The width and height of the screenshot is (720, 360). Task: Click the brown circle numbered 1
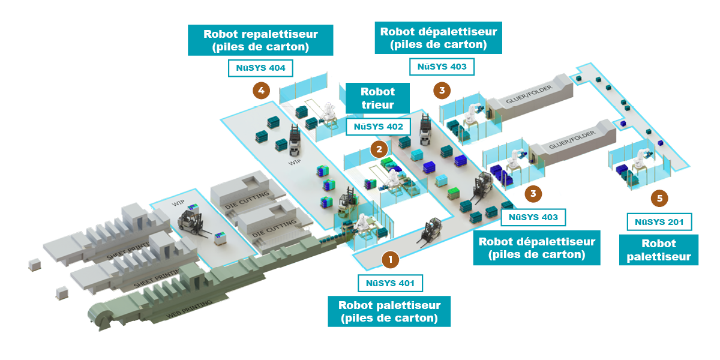pyautogui.click(x=390, y=259)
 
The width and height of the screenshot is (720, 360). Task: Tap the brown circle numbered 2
pyautogui.click(x=379, y=148)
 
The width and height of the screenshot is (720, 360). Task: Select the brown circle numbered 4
pyautogui.click(x=260, y=91)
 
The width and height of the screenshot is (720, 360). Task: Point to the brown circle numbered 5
pyautogui.click(x=659, y=197)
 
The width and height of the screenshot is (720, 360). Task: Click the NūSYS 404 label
pyautogui.click(x=260, y=68)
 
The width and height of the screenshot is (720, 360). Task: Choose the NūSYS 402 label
pyautogui.click(x=378, y=127)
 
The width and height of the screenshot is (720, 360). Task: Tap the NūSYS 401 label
pyautogui.click(x=390, y=283)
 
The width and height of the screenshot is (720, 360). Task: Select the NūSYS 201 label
pyautogui.click(x=659, y=222)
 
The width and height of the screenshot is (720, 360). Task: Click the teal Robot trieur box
pyautogui.click(x=377, y=98)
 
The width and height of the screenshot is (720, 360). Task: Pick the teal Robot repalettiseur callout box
pyautogui.click(x=260, y=40)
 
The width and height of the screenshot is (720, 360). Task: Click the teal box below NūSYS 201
pyautogui.click(x=659, y=250)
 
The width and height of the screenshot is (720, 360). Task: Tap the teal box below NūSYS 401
pyautogui.click(x=389, y=311)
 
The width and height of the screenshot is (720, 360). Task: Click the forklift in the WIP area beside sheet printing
pyautogui.click(x=193, y=223)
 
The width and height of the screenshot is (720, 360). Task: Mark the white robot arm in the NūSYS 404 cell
pyautogui.click(x=329, y=112)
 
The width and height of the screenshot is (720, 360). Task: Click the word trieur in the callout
pyautogui.click(x=377, y=105)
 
